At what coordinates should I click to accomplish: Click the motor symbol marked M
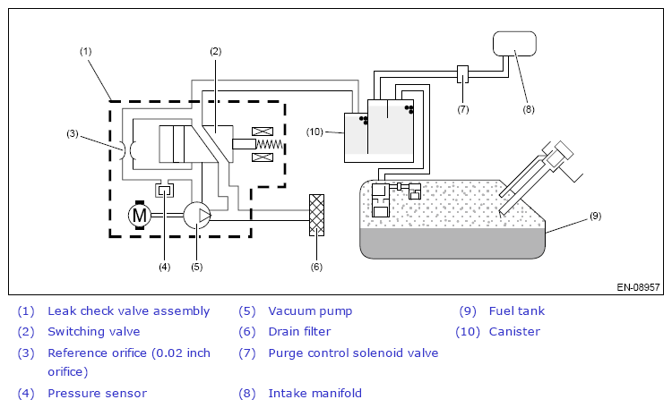140,215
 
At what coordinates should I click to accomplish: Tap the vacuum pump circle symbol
197,216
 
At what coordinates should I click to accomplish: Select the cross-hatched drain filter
316,216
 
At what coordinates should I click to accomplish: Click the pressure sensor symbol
165,190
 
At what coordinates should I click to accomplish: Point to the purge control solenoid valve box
463,74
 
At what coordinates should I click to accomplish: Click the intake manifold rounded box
514,44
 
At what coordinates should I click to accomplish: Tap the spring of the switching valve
270,144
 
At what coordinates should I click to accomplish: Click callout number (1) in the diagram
86,51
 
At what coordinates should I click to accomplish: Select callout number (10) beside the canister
314,132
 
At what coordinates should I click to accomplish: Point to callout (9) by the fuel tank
595,216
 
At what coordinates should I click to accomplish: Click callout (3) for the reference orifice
73,133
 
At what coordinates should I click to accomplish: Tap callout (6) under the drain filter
316,267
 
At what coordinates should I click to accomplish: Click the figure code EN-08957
638,287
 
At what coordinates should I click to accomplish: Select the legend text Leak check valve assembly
128,311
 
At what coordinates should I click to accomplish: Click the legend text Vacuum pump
310,311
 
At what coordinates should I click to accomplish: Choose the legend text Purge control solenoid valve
353,353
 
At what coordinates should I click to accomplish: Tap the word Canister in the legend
514,332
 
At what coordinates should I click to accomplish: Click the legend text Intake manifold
315,394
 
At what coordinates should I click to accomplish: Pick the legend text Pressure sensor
98,394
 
